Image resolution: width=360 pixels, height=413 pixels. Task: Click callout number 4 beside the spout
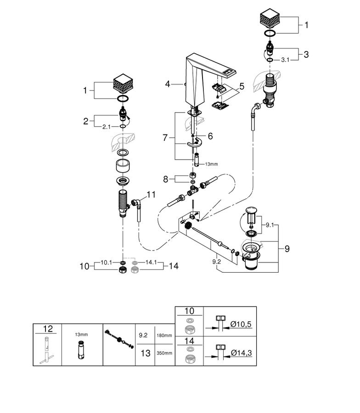(x=168, y=84)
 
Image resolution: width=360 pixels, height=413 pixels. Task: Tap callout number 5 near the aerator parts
(x=242, y=86)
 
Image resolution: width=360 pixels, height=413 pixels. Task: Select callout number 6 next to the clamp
(x=210, y=136)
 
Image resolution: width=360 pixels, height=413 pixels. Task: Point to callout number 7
(x=165, y=138)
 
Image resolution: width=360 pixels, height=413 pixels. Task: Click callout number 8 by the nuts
(x=165, y=179)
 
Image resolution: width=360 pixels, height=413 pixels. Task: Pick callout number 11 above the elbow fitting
(x=151, y=195)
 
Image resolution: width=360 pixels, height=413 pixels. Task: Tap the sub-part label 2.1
(x=107, y=127)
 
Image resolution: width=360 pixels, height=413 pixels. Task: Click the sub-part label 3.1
(x=285, y=60)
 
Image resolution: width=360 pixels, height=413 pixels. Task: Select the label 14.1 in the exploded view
(x=151, y=262)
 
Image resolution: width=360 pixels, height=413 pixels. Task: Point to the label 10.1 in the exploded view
(x=106, y=262)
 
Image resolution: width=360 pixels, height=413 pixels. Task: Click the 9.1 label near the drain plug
(x=270, y=225)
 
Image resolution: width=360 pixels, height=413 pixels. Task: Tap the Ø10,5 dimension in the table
(x=241, y=324)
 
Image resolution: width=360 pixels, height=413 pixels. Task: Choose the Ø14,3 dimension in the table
(x=242, y=352)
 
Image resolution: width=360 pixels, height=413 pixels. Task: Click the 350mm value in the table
(x=164, y=353)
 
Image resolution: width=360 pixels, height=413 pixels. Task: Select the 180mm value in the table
(x=164, y=335)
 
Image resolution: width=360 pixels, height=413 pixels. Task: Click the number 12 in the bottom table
(x=48, y=329)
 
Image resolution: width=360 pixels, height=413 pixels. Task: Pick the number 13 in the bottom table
(x=146, y=353)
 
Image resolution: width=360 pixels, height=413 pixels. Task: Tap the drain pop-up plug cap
(x=250, y=210)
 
